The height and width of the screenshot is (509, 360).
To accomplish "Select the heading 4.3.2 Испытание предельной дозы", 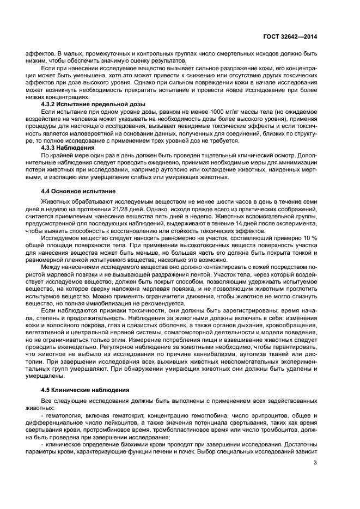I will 93,103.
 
